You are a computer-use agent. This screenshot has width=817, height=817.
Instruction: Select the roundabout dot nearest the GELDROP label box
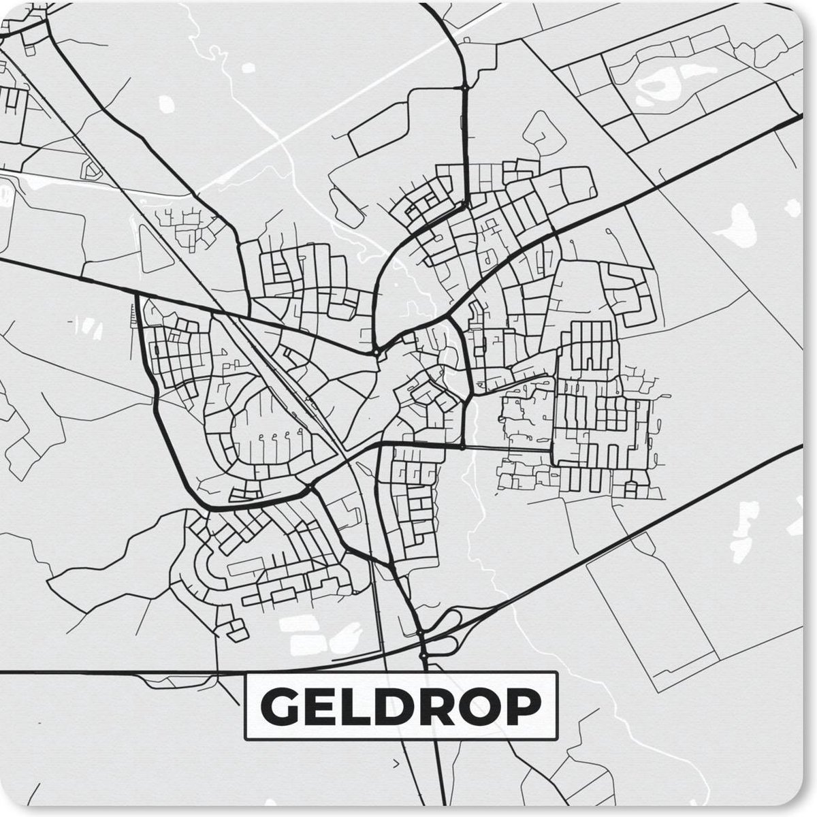[423, 655]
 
